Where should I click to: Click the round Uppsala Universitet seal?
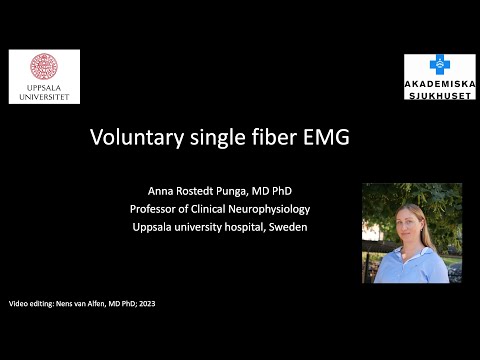tap(43, 67)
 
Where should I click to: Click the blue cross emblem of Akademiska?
tap(437, 63)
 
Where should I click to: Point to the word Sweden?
tap(286, 227)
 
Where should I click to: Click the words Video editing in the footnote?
tap(31, 301)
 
